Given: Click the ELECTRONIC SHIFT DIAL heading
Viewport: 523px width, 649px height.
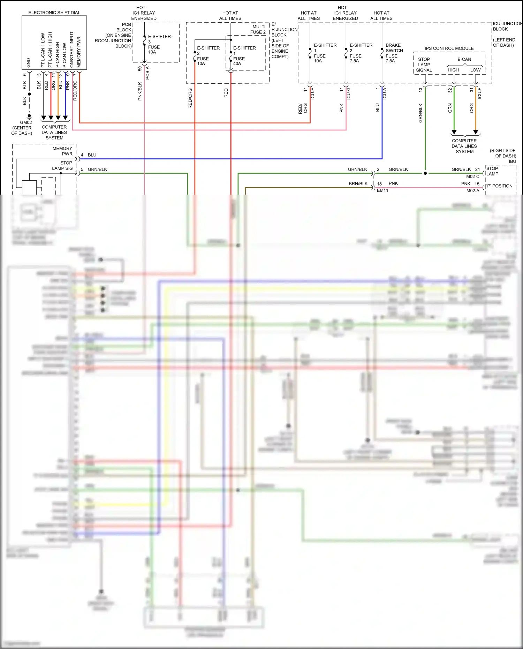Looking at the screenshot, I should [x=54, y=13].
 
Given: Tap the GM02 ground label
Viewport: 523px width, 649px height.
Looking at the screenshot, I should [x=26, y=122].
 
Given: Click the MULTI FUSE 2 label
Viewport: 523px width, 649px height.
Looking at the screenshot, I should [x=258, y=29].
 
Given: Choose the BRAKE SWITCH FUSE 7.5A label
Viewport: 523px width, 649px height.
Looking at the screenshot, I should [x=394, y=53].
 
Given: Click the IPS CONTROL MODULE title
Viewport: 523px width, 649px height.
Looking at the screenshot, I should [x=449, y=48].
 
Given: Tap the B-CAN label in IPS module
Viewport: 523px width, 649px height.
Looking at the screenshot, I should [x=464, y=59].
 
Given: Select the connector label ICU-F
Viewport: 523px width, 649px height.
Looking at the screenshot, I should [x=480, y=93].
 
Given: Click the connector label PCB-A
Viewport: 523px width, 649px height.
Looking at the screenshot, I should [x=147, y=73].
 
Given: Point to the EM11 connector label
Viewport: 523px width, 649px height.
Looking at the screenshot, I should [x=382, y=190].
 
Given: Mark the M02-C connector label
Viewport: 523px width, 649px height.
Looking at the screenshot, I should [x=472, y=176].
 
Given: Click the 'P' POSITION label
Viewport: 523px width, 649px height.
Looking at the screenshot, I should [x=499, y=186].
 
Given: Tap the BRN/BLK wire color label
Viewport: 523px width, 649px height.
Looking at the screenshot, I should [x=358, y=184].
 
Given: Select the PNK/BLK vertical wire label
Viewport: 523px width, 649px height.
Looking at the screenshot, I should [x=140, y=91].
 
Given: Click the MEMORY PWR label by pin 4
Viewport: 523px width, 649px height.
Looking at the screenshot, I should [x=62, y=151].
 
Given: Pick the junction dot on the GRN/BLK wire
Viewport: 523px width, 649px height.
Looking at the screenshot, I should [x=425, y=173].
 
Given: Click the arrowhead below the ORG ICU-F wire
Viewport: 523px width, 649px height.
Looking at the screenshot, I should [x=476, y=133].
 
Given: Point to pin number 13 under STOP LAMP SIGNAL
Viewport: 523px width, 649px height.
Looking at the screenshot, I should [x=420, y=90].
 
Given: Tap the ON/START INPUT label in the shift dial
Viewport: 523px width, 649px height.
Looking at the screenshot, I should [x=72, y=50].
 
